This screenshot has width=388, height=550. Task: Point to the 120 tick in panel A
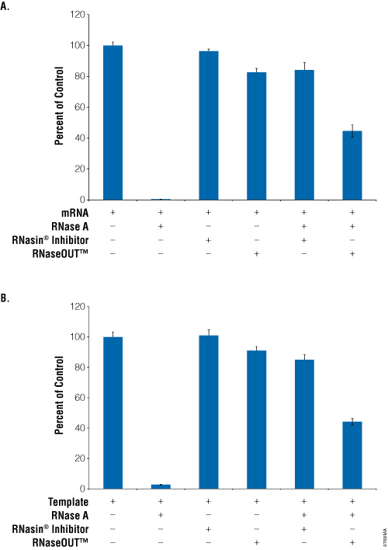(x=74, y=16)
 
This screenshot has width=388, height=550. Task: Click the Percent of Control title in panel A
(x=58, y=107)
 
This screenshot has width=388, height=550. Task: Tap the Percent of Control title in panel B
(x=58, y=397)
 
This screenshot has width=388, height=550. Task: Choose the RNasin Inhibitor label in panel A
(x=47, y=240)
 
